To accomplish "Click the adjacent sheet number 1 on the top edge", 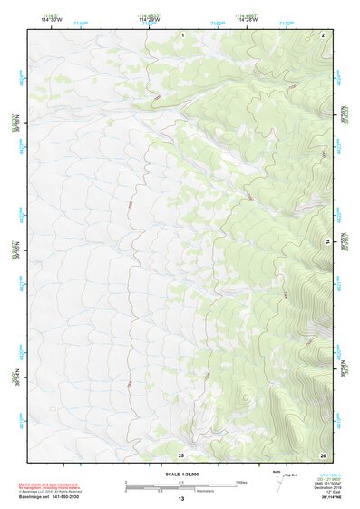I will pos(181,34).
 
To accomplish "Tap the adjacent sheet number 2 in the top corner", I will pos(323,34).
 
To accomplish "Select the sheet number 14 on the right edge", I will pos(327,240).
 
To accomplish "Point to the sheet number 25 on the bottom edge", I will pos(180,453).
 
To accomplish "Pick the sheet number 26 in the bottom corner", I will pos(323,453).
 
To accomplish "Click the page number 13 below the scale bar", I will pos(180,499).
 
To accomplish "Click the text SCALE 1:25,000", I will pos(180,474).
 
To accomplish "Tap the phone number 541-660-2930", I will pos(69,497).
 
